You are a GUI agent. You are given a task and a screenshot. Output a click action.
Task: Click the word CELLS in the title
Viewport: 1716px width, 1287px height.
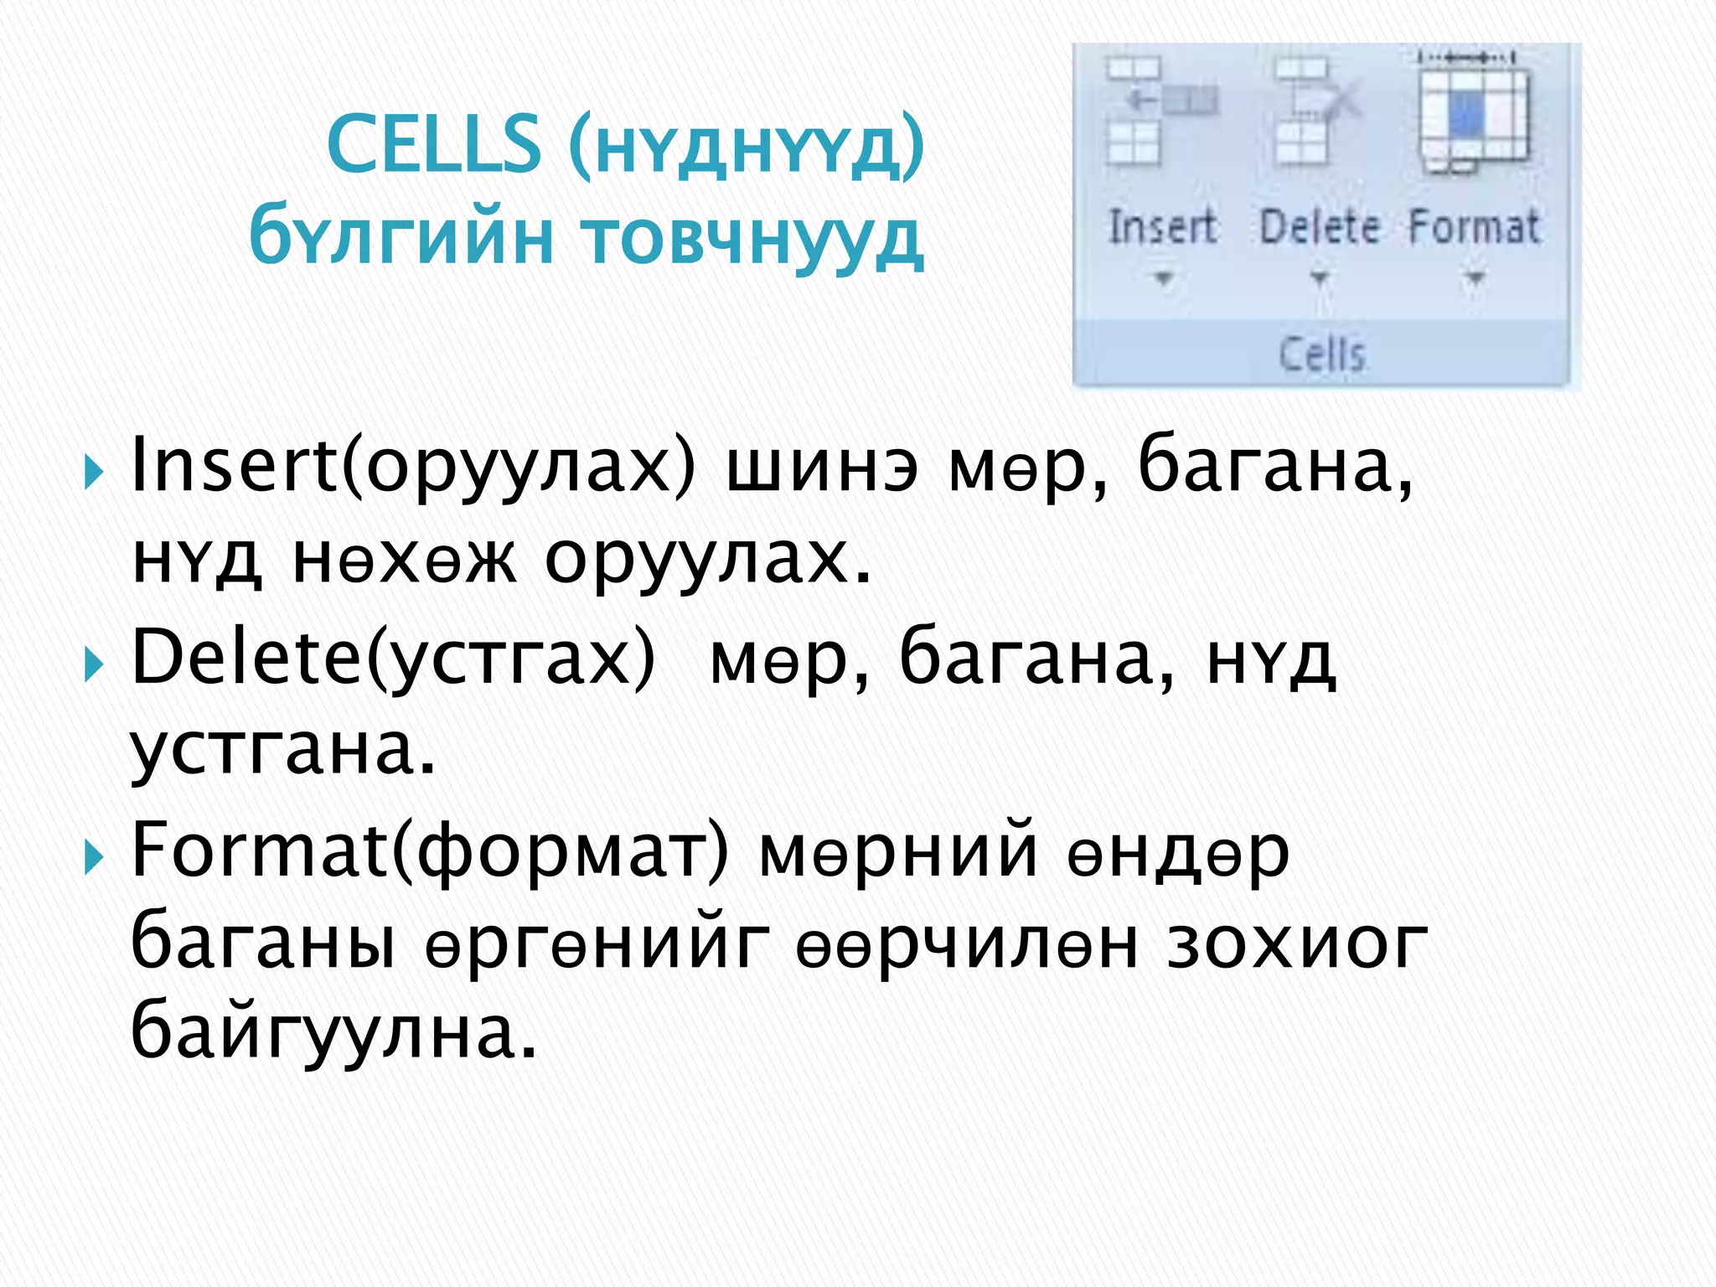point(434,144)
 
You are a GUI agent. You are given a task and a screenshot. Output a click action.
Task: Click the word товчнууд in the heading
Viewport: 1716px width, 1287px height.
point(752,239)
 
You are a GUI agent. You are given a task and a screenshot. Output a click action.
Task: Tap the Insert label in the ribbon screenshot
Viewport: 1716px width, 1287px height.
point(1162,226)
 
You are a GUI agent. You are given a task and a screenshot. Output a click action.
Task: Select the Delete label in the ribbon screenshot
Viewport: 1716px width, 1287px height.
point(1319,226)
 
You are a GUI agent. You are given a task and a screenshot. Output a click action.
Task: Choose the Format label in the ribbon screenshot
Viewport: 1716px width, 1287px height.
point(1474,226)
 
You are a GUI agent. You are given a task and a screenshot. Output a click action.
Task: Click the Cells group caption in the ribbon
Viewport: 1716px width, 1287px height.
point(1321,354)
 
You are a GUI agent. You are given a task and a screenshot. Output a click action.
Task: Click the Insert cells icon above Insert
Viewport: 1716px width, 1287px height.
point(1160,111)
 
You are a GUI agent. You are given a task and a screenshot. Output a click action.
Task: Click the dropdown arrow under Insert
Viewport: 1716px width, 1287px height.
point(1162,277)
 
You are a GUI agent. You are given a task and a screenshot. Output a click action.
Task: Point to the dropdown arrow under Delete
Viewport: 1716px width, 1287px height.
point(1319,277)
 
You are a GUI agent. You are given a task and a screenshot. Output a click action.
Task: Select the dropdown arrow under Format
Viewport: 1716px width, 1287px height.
point(1475,277)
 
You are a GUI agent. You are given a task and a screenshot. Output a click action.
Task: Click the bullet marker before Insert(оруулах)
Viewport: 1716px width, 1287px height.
point(94,473)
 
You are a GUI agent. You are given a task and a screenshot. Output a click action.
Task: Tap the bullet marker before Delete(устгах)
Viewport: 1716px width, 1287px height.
point(94,665)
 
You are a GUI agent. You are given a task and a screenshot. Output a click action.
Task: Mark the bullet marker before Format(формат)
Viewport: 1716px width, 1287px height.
point(94,857)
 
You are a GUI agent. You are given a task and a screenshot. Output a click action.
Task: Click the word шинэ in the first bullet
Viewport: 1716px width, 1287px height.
point(821,469)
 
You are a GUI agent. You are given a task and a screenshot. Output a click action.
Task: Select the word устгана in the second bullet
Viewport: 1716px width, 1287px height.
point(282,751)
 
